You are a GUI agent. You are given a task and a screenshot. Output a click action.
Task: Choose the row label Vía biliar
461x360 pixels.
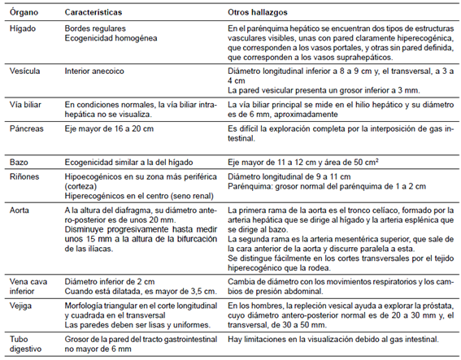point(24,105)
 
